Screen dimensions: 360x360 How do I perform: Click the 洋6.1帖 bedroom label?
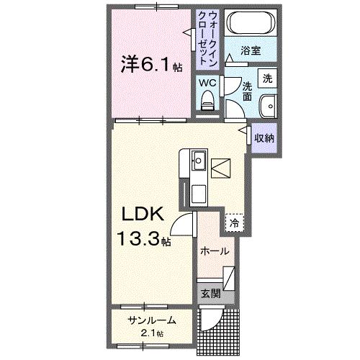[x=150, y=64]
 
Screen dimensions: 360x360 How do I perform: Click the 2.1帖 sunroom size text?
[x=151, y=333]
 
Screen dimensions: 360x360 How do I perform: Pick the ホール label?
[x=215, y=251]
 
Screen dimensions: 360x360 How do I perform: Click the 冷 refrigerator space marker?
[x=234, y=223]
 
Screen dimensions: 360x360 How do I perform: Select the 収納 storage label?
[x=263, y=136]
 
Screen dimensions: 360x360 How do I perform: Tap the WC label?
[x=207, y=83]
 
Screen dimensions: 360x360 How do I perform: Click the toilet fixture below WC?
[x=208, y=103]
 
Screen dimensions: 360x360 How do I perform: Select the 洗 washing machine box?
[x=267, y=77]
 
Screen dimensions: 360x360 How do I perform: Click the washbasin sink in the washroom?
[x=269, y=104]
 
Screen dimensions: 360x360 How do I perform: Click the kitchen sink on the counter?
[x=197, y=160]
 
